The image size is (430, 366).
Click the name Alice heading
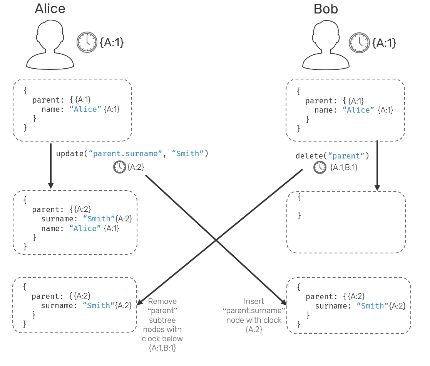pyautogui.click(x=50, y=8)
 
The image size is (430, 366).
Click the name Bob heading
pyautogui.click(x=325, y=8)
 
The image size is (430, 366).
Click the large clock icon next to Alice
pyautogui.click(x=87, y=42)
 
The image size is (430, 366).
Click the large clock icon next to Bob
pyautogui.click(x=359, y=42)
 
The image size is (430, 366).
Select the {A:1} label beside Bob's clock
pyautogui.click(x=384, y=42)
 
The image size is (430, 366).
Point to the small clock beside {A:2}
pyautogui.click(x=119, y=167)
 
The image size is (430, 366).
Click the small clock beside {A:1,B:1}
pyautogui.click(x=320, y=167)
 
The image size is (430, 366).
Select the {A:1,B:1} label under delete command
pyautogui.click(x=344, y=167)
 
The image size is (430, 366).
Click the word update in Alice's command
pyautogui.click(x=70, y=153)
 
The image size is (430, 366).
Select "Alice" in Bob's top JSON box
pyautogui.click(x=358, y=110)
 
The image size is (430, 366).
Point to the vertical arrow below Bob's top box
pyautogui.click(x=377, y=165)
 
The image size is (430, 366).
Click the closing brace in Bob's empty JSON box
pyautogui.click(x=299, y=215)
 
